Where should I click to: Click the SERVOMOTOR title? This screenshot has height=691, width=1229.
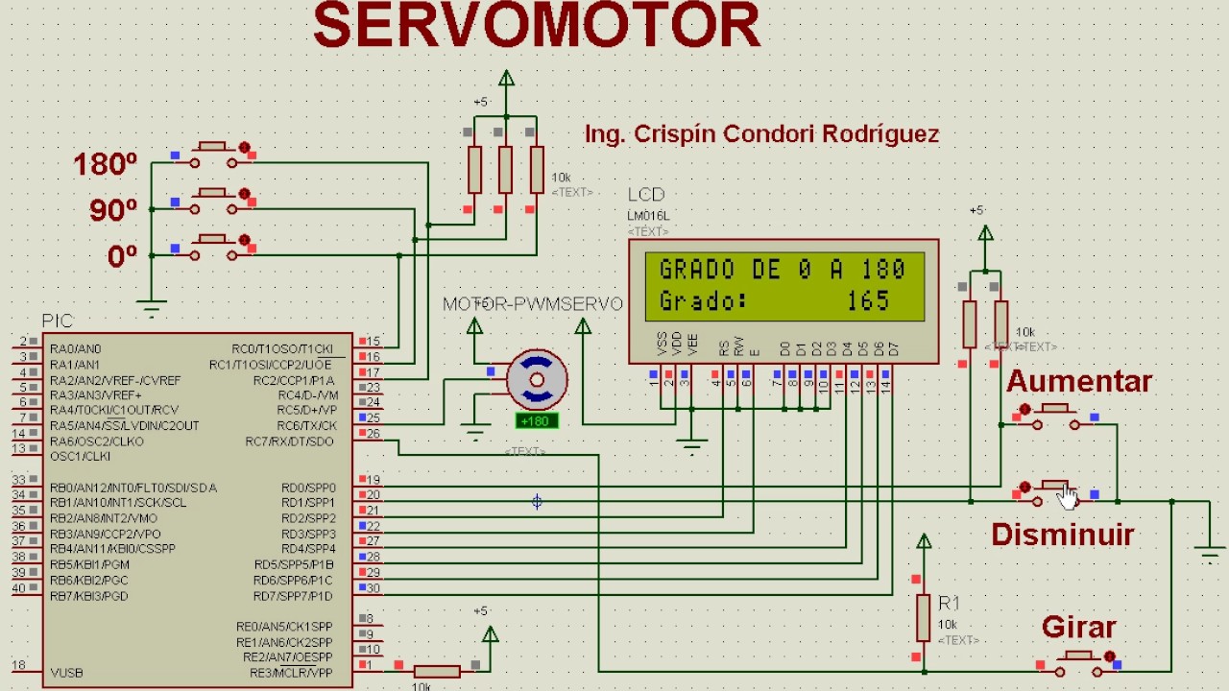click(x=537, y=26)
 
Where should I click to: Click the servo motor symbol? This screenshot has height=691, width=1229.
click(x=536, y=381)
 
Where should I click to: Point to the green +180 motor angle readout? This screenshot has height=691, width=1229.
click(x=537, y=421)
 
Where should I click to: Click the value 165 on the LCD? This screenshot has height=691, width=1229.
click(x=868, y=301)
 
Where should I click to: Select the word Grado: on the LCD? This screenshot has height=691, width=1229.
click(x=703, y=301)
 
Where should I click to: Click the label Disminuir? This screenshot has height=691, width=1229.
click(x=1062, y=535)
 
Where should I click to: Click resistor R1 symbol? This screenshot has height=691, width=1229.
click(x=923, y=617)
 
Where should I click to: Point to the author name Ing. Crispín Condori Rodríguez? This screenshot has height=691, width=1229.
click(x=761, y=134)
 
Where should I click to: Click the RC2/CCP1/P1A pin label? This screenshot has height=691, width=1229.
click(x=295, y=380)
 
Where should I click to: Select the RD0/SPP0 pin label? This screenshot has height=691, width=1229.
click(x=308, y=488)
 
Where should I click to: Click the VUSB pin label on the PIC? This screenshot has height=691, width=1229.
click(x=66, y=673)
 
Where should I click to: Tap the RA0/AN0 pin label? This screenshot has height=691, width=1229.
click(x=75, y=349)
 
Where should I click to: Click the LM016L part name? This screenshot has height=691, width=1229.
click(x=648, y=217)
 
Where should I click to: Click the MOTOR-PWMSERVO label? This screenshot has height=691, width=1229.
click(x=532, y=304)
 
